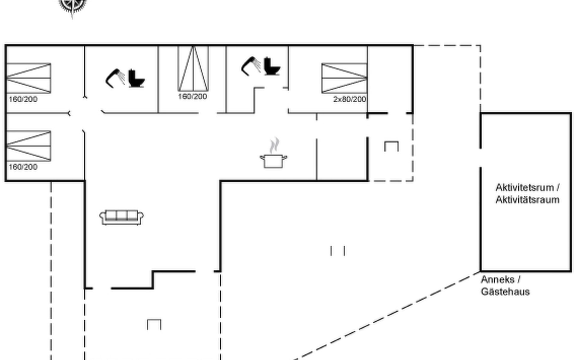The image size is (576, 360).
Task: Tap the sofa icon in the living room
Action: click(x=121, y=217)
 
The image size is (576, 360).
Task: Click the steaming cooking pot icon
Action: click(x=273, y=154)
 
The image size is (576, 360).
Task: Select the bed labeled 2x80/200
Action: click(x=344, y=78)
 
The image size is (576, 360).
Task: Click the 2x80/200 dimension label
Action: click(x=349, y=99)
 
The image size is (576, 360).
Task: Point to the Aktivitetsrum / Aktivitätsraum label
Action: click(x=527, y=193)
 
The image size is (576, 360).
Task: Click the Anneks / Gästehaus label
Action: click(x=505, y=286)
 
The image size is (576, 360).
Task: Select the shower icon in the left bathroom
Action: click(x=115, y=78)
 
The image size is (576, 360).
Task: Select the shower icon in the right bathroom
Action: click(x=251, y=66)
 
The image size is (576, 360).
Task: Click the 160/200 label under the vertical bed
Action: click(x=192, y=96)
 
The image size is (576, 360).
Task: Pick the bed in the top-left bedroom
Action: click(x=28, y=78)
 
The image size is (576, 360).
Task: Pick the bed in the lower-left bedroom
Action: click(x=28, y=146)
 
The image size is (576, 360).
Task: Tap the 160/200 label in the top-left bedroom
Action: click(x=23, y=99)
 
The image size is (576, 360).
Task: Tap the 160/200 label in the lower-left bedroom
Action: click(x=23, y=167)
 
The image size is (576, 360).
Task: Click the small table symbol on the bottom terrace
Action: click(x=154, y=324)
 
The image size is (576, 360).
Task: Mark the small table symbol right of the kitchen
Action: click(x=391, y=146)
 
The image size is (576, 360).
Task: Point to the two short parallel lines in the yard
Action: click(x=337, y=251)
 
